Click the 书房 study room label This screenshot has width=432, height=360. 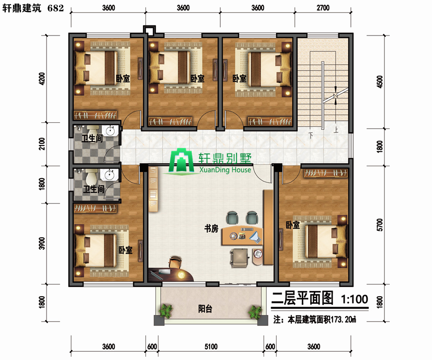point(211,228)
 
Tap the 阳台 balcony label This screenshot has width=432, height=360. point(205,309)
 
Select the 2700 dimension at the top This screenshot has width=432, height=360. point(323,8)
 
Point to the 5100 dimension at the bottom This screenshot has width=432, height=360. point(211,346)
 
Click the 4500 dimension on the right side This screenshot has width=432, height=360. point(380,82)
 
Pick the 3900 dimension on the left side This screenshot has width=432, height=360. point(42,243)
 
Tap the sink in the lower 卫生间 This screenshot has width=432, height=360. point(109,175)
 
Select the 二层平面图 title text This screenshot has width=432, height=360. point(302,298)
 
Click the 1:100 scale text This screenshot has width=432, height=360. point(355,299)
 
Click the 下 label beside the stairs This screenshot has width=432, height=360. point(311,135)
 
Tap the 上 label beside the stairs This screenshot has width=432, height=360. point(336,130)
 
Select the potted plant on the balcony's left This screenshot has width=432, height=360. point(166,311)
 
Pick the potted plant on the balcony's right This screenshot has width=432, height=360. point(255,312)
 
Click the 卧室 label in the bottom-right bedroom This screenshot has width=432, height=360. point(292,225)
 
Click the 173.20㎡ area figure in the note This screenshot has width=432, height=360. point(343,320)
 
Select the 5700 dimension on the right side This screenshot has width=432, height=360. point(380,225)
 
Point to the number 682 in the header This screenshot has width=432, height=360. point(55,8)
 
